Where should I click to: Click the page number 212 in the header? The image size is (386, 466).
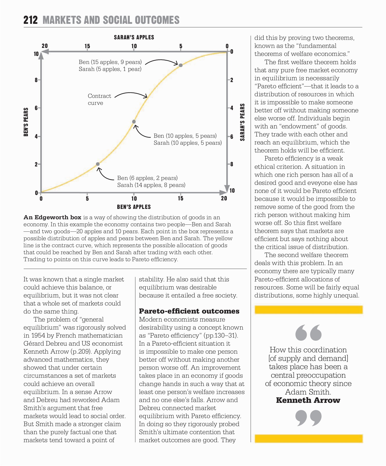(x=30, y=20)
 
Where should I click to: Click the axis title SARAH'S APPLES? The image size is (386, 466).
(x=134, y=37)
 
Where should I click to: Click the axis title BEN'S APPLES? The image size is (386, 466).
(x=134, y=207)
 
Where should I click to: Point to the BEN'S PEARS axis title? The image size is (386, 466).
(x=26, y=122)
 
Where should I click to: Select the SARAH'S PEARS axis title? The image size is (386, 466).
(x=242, y=122)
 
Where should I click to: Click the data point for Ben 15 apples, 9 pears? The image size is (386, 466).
(x=181, y=65)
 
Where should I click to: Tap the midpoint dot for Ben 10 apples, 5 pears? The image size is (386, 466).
(x=134, y=122)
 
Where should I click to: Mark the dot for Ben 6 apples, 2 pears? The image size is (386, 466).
(x=98, y=164)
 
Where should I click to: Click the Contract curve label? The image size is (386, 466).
(x=99, y=99)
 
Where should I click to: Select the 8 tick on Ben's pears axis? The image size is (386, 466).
(x=36, y=80)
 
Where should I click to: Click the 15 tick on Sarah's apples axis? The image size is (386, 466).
(x=87, y=46)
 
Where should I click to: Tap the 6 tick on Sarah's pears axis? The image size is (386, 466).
(x=232, y=136)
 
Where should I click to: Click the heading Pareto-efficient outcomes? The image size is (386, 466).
(x=189, y=311)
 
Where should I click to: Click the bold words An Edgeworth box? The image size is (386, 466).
(x=52, y=217)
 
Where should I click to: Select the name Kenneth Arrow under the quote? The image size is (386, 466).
(x=308, y=400)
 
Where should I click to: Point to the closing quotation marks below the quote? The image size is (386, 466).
(x=308, y=418)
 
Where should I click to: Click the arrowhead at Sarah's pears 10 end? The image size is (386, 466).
(x=227, y=189)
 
